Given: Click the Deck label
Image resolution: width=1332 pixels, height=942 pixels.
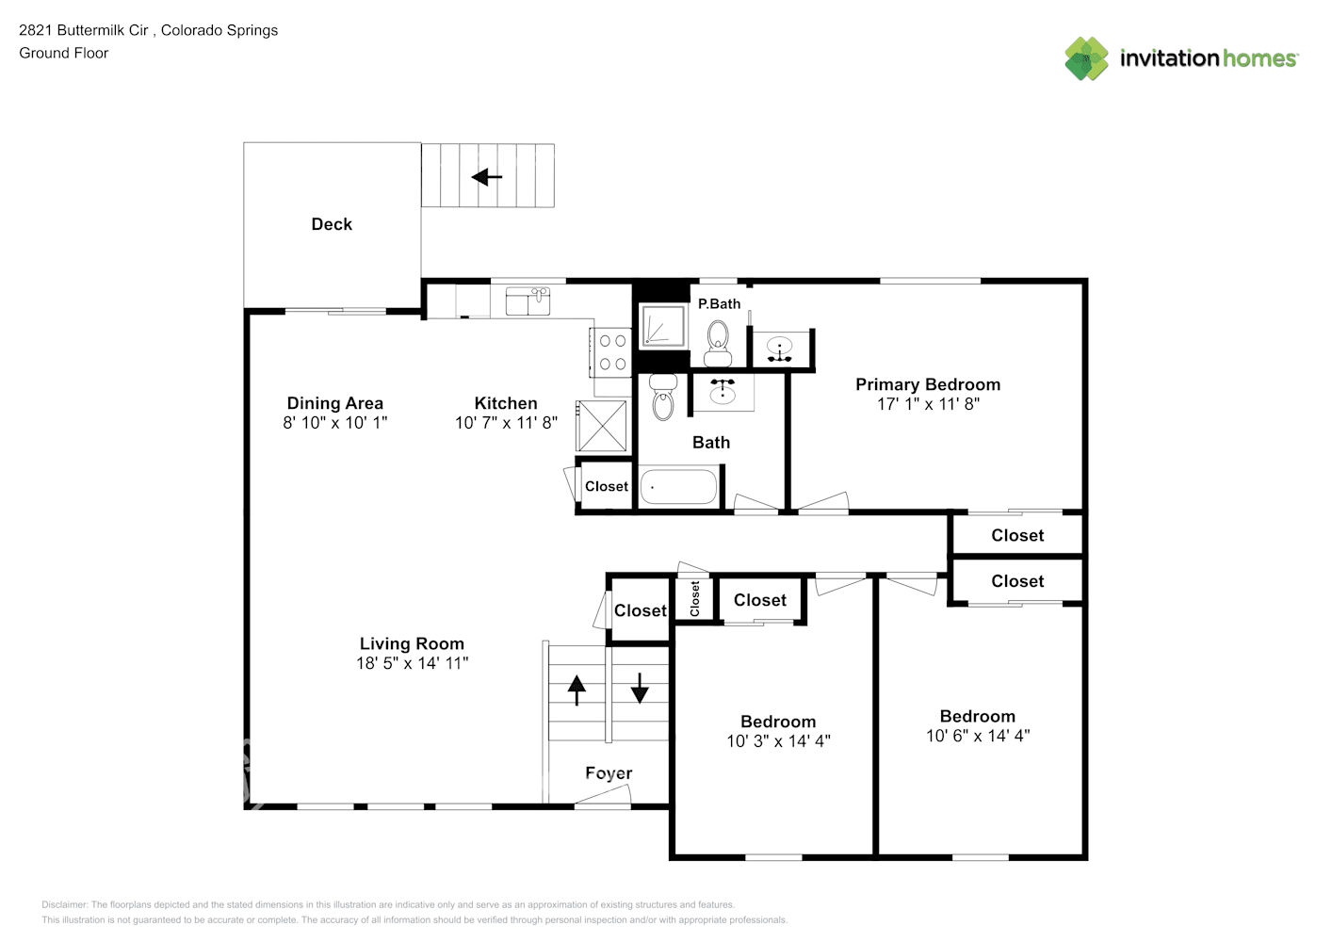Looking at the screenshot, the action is tap(332, 224).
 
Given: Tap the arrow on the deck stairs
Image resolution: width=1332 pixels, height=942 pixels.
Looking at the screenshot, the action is tap(487, 177).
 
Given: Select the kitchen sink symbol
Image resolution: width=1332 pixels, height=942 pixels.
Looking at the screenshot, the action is tap(528, 300).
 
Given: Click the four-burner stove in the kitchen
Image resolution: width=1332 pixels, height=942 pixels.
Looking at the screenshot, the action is tap(611, 352).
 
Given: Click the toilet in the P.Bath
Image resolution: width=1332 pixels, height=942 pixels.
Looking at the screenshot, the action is tap(718, 343).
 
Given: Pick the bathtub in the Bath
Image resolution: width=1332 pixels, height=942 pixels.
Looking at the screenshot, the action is tap(678, 487).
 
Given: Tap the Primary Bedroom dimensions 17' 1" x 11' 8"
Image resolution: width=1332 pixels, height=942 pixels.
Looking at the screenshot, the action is tap(928, 404).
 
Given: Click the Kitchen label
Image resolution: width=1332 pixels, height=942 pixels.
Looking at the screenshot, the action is tap(506, 403).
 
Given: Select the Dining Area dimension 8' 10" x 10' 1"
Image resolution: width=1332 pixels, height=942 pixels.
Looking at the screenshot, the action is tap(334, 423).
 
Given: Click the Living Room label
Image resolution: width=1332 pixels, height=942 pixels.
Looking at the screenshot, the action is tap(412, 643).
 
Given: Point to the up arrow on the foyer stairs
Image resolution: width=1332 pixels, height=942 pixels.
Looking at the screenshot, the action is tap(577, 690).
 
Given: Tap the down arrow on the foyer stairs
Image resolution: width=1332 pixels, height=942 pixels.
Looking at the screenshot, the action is tap(640, 688).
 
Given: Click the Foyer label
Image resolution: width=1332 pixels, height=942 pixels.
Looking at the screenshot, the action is tap(609, 773).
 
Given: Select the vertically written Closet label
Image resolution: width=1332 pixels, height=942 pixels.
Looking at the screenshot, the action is tap(694, 599).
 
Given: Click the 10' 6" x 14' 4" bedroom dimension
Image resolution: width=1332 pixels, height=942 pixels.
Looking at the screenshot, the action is tap(978, 737).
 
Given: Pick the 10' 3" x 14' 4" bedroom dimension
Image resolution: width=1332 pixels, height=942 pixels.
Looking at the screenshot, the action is tap(778, 741).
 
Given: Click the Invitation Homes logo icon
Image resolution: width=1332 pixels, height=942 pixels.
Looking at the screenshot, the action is tap(1086, 58).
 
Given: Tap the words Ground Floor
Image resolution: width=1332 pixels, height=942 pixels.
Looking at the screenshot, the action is tap(64, 53).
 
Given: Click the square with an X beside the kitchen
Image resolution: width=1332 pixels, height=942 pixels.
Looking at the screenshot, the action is tap(602, 426).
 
